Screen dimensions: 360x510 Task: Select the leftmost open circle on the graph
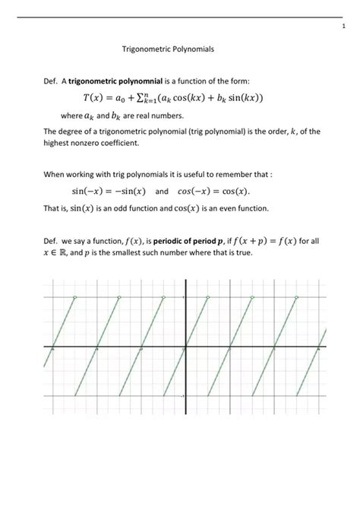74,297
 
